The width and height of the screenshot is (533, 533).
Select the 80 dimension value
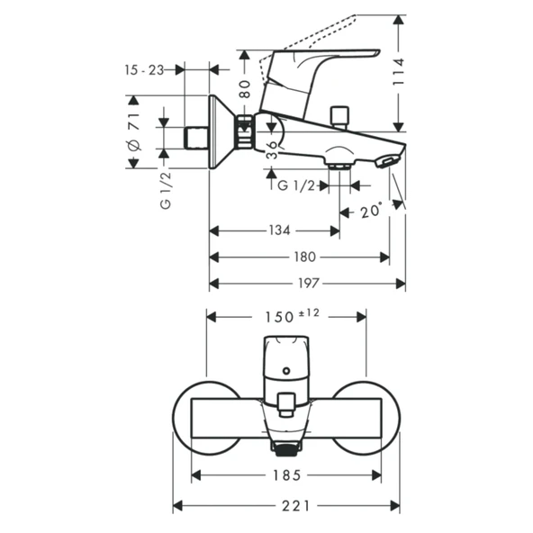[x=244, y=89]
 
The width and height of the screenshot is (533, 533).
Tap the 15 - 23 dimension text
[x=144, y=69]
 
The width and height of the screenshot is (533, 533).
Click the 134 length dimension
[x=279, y=230]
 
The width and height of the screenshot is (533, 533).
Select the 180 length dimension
[x=303, y=257]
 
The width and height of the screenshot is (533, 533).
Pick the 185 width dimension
[x=286, y=474]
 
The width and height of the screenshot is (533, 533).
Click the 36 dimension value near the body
[x=273, y=146]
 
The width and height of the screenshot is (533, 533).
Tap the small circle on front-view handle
[x=286, y=370]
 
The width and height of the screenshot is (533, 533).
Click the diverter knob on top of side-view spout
[x=340, y=115]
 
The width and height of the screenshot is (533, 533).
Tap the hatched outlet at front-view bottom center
[x=286, y=447]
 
